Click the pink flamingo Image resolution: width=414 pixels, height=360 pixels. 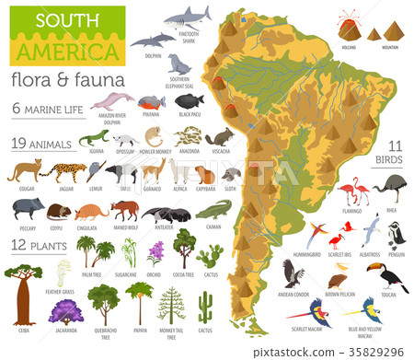[x=351, y=193]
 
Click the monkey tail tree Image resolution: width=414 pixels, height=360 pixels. [x=171, y=305]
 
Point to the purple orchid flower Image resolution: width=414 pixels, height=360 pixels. [x=155, y=250]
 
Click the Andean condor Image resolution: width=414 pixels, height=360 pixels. [x=294, y=273]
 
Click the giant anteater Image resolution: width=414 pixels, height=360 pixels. [x=167, y=214]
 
